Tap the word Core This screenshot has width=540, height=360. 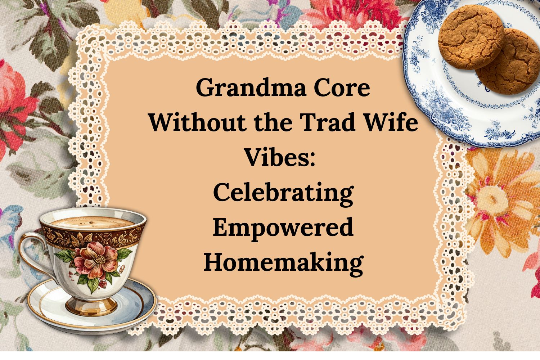(x=342, y=88)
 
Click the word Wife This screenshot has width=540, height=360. (x=391, y=122)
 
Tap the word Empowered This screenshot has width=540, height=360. (x=283, y=228)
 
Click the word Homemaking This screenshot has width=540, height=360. (x=283, y=262)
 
